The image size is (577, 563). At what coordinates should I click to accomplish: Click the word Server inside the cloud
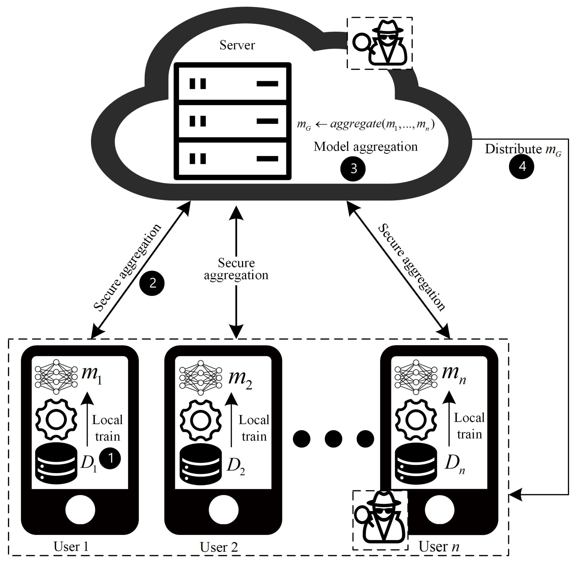click(237, 45)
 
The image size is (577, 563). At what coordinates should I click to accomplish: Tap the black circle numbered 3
click(353, 169)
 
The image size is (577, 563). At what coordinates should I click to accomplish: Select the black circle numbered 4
click(521, 167)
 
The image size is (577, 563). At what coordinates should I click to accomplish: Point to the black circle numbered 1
click(110, 458)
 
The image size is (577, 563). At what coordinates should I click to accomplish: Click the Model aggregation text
click(365, 147)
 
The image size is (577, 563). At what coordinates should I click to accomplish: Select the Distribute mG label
click(523, 149)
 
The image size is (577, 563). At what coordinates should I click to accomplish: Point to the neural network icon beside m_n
click(416, 377)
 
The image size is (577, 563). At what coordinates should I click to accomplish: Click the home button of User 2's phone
click(223, 510)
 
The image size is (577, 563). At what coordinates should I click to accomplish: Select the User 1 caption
click(71, 546)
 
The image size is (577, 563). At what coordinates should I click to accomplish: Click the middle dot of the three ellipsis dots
click(333, 439)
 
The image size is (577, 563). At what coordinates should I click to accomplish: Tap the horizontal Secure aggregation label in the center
click(236, 269)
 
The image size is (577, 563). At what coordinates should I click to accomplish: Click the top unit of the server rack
click(232, 84)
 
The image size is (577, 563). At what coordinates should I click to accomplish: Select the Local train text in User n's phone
click(469, 426)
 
